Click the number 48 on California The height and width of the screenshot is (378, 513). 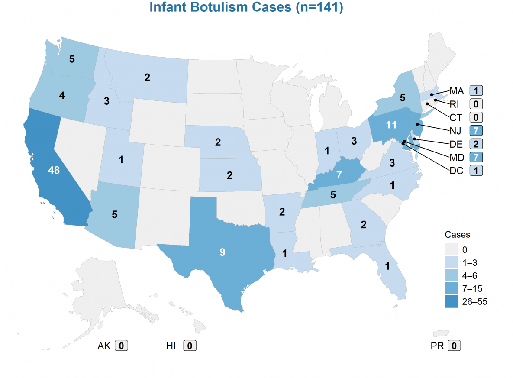(x=54, y=171)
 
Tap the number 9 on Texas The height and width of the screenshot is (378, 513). (x=222, y=252)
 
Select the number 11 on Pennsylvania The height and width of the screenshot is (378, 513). (x=391, y=125)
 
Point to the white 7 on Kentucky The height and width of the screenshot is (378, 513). (x=339, y=175)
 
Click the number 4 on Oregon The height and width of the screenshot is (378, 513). (x=62, y=96)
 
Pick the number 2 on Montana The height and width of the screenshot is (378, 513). (x=147, y=78)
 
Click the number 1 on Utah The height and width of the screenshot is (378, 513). (x=121, y=160)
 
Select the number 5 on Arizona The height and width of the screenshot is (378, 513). (x=115, y=214)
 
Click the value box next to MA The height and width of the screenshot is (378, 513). (x=476, y=91)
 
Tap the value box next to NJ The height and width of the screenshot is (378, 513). (x=476, y=130)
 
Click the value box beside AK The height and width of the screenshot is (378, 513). (x=122, y=346)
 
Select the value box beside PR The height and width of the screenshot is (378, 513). (x=454, y=346)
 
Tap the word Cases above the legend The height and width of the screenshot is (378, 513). (x=457, y=235)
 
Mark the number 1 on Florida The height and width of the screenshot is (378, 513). (x=387, y=266)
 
